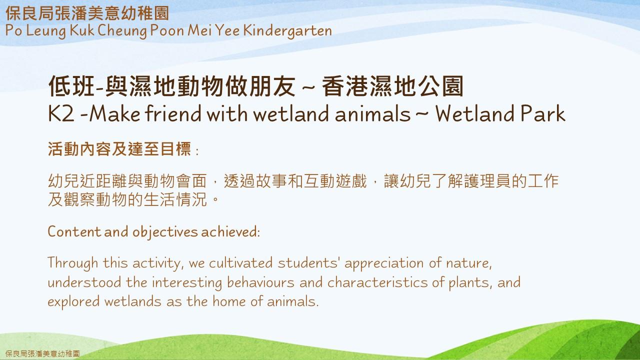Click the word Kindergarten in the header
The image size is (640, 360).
[287, 31]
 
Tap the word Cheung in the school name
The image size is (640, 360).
[122, 31]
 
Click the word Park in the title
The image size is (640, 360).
[542, 113]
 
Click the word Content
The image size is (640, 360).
[74, 231]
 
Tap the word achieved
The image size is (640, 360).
[230, 231]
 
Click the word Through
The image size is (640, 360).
[73, 263]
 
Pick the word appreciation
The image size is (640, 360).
[383, 263]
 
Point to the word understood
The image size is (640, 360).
[84, 282]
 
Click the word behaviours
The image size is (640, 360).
[260, 282]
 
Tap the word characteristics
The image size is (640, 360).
[377, 282]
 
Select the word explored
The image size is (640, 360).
[73, 302]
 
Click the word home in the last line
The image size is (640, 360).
[229, 301]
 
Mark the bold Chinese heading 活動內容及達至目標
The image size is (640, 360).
[119, 149]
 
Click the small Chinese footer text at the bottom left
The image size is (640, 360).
[42, 353]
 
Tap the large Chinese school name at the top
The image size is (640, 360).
[87, 13]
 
